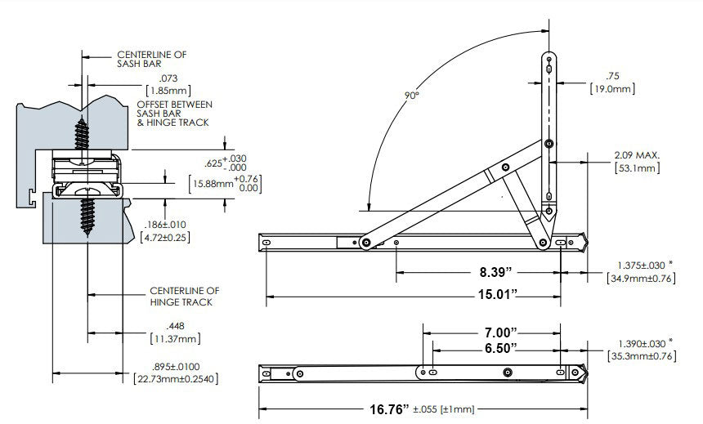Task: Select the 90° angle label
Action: pos(410,96)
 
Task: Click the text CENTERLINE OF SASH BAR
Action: pos(151,60)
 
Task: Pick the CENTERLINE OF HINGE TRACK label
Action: pos(184,296)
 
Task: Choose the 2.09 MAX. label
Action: pos(638,155)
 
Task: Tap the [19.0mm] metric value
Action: pos(612,88)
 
